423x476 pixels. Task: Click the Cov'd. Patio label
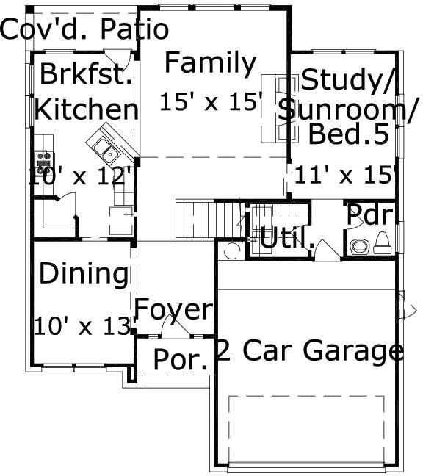84,30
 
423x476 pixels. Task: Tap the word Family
210,64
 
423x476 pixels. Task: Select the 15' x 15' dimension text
211,101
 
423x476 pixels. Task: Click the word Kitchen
87,110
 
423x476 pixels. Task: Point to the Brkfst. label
86,74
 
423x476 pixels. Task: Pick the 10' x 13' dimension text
84,325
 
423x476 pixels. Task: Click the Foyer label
175,310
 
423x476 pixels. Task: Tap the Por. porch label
179,360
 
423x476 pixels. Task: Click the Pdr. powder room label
372,214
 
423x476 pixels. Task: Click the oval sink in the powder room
360,245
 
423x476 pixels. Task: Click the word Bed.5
347,134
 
